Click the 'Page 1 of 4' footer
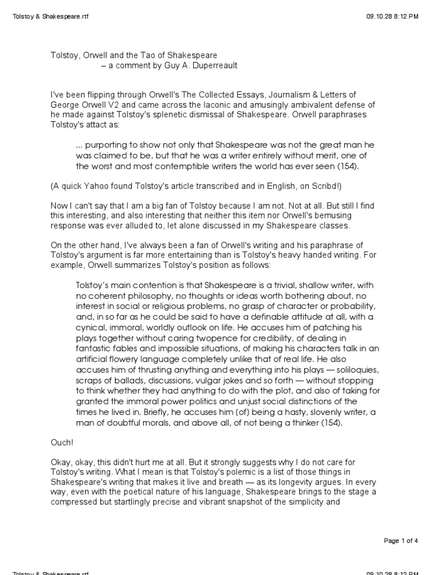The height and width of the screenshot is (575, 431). (x=401, y=541)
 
